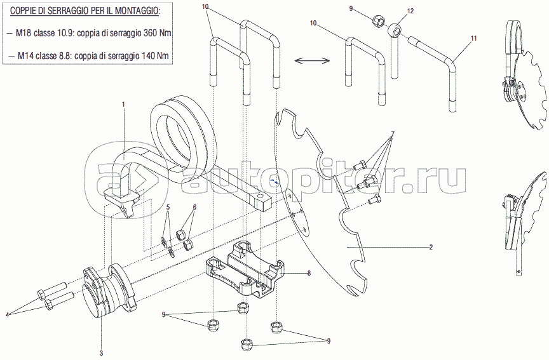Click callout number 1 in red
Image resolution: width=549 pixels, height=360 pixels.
pyautogui.click(x=124, y=103)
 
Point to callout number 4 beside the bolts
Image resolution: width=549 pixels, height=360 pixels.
pyautogui.click(x=8, y=314)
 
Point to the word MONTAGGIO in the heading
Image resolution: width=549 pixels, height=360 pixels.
pyautogui.click(x=133, y=11)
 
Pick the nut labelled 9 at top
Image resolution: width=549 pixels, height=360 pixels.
pyautogui.click(x=377, y=20)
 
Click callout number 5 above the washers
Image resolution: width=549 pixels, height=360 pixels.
pyautogui.click(x=168, y=207)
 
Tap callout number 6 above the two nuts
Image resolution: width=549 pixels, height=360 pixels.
pyautogui.click(x=194, y=207)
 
